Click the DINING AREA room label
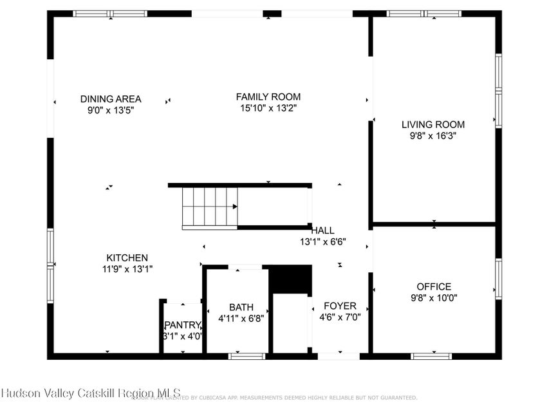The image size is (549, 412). (111, 99)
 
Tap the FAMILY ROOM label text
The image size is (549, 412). (268, 97)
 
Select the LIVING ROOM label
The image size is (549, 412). (433, 125)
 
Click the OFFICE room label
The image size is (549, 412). (433, 286)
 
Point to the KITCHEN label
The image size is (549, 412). (127, 257)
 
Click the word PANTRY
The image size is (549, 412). (183, 325)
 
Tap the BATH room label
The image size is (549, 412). (241, 307)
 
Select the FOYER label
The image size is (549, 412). (340, 306)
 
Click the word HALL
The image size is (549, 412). (322, 230)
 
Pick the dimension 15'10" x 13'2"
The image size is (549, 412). (268, 108)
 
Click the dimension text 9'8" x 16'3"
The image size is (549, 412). (433, 136)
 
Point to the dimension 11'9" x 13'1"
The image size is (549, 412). (127, 268)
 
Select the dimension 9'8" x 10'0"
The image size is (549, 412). (433, 297)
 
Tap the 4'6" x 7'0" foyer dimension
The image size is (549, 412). (340, 317)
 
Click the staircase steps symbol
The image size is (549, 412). (209, 207)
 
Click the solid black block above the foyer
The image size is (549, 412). (290, 279)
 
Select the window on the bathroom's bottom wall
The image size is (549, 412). (247, 355)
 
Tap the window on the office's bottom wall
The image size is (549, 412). (431, 355)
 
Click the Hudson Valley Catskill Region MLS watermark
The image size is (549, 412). (90, 393)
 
